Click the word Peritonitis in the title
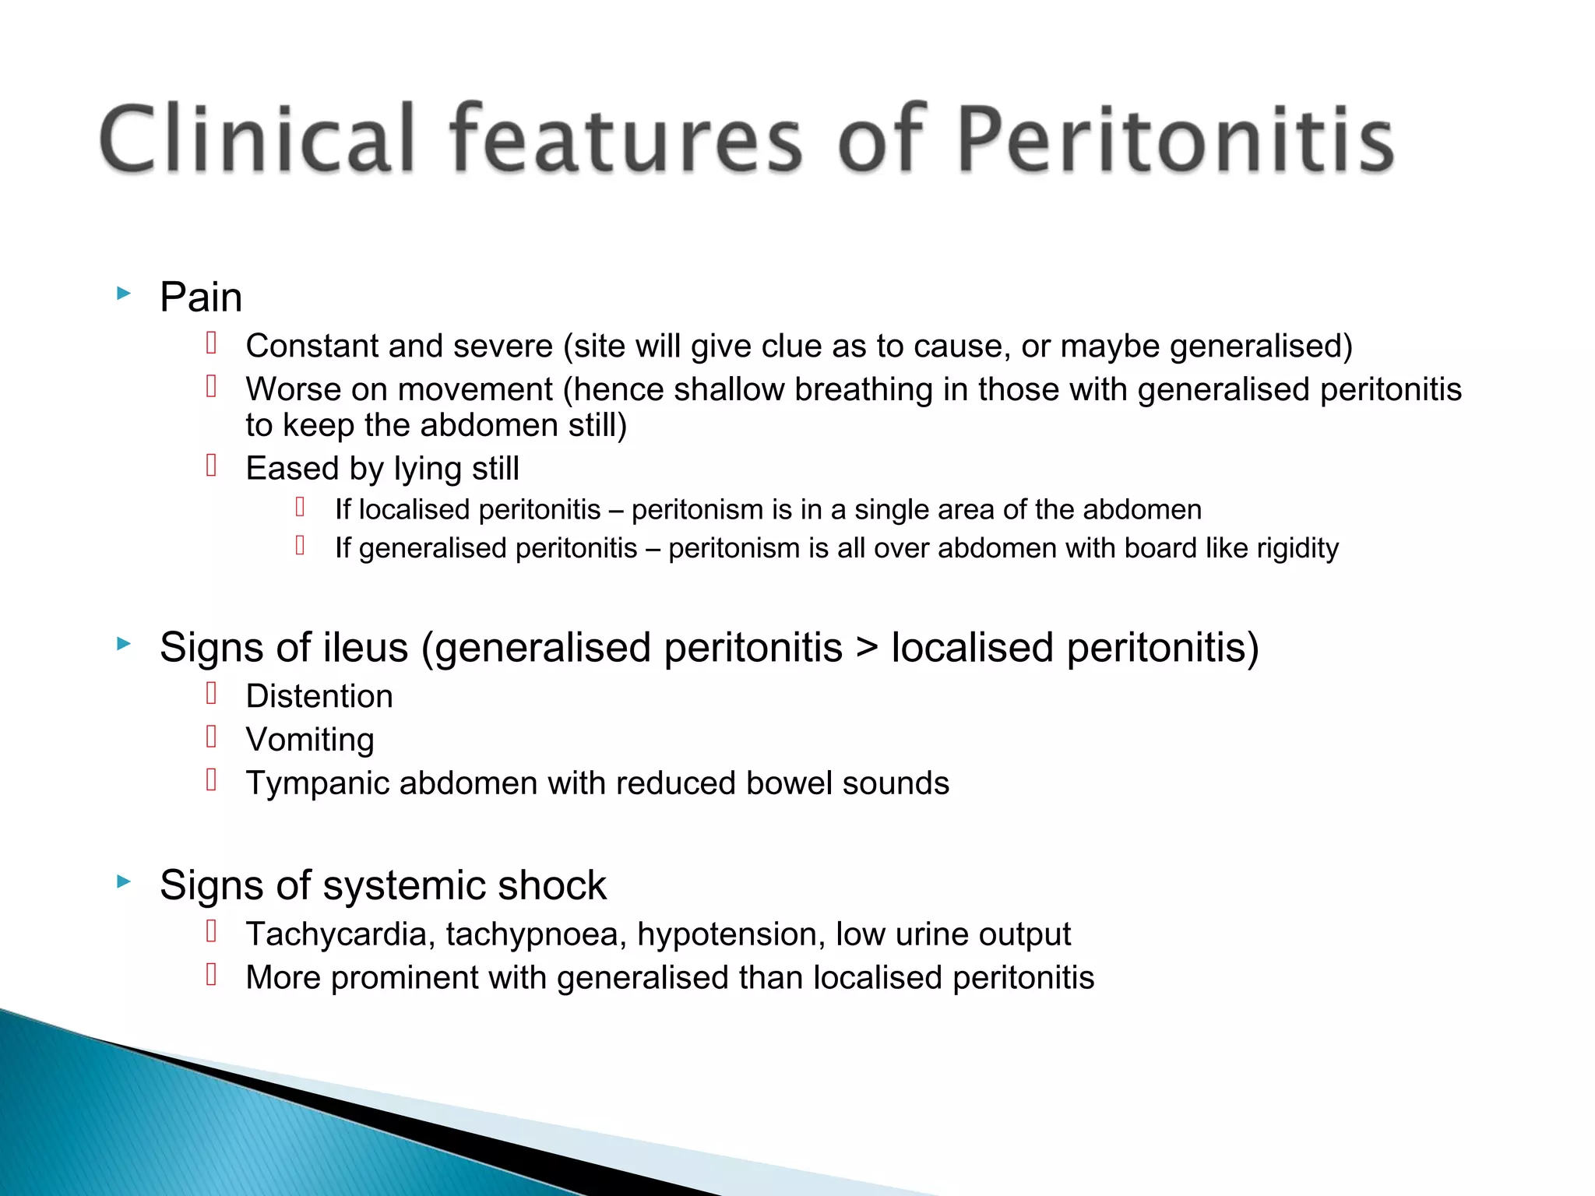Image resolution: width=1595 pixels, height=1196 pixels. [x=1174, y=140]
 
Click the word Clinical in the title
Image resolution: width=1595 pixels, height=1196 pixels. [x=257, y=140]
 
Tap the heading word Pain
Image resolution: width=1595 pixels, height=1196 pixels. [x=201, y=297]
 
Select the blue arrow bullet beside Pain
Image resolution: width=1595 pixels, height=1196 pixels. [x=123, y=294]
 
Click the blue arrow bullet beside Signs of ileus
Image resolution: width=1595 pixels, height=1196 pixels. [x=123, y=643]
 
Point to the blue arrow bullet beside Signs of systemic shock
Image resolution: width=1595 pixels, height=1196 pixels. [x=123, y=881]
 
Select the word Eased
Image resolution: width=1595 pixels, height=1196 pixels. [x=291, y=469]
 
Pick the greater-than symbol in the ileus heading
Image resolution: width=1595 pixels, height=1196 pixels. [x=866, y=648]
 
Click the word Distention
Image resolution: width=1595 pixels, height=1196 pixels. [x=319, y=696]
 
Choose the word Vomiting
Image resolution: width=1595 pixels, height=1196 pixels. [x=310, y=740]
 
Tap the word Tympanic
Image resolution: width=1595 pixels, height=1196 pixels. [x=317, y=783]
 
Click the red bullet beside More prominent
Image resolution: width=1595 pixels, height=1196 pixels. [x=211, y=974]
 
